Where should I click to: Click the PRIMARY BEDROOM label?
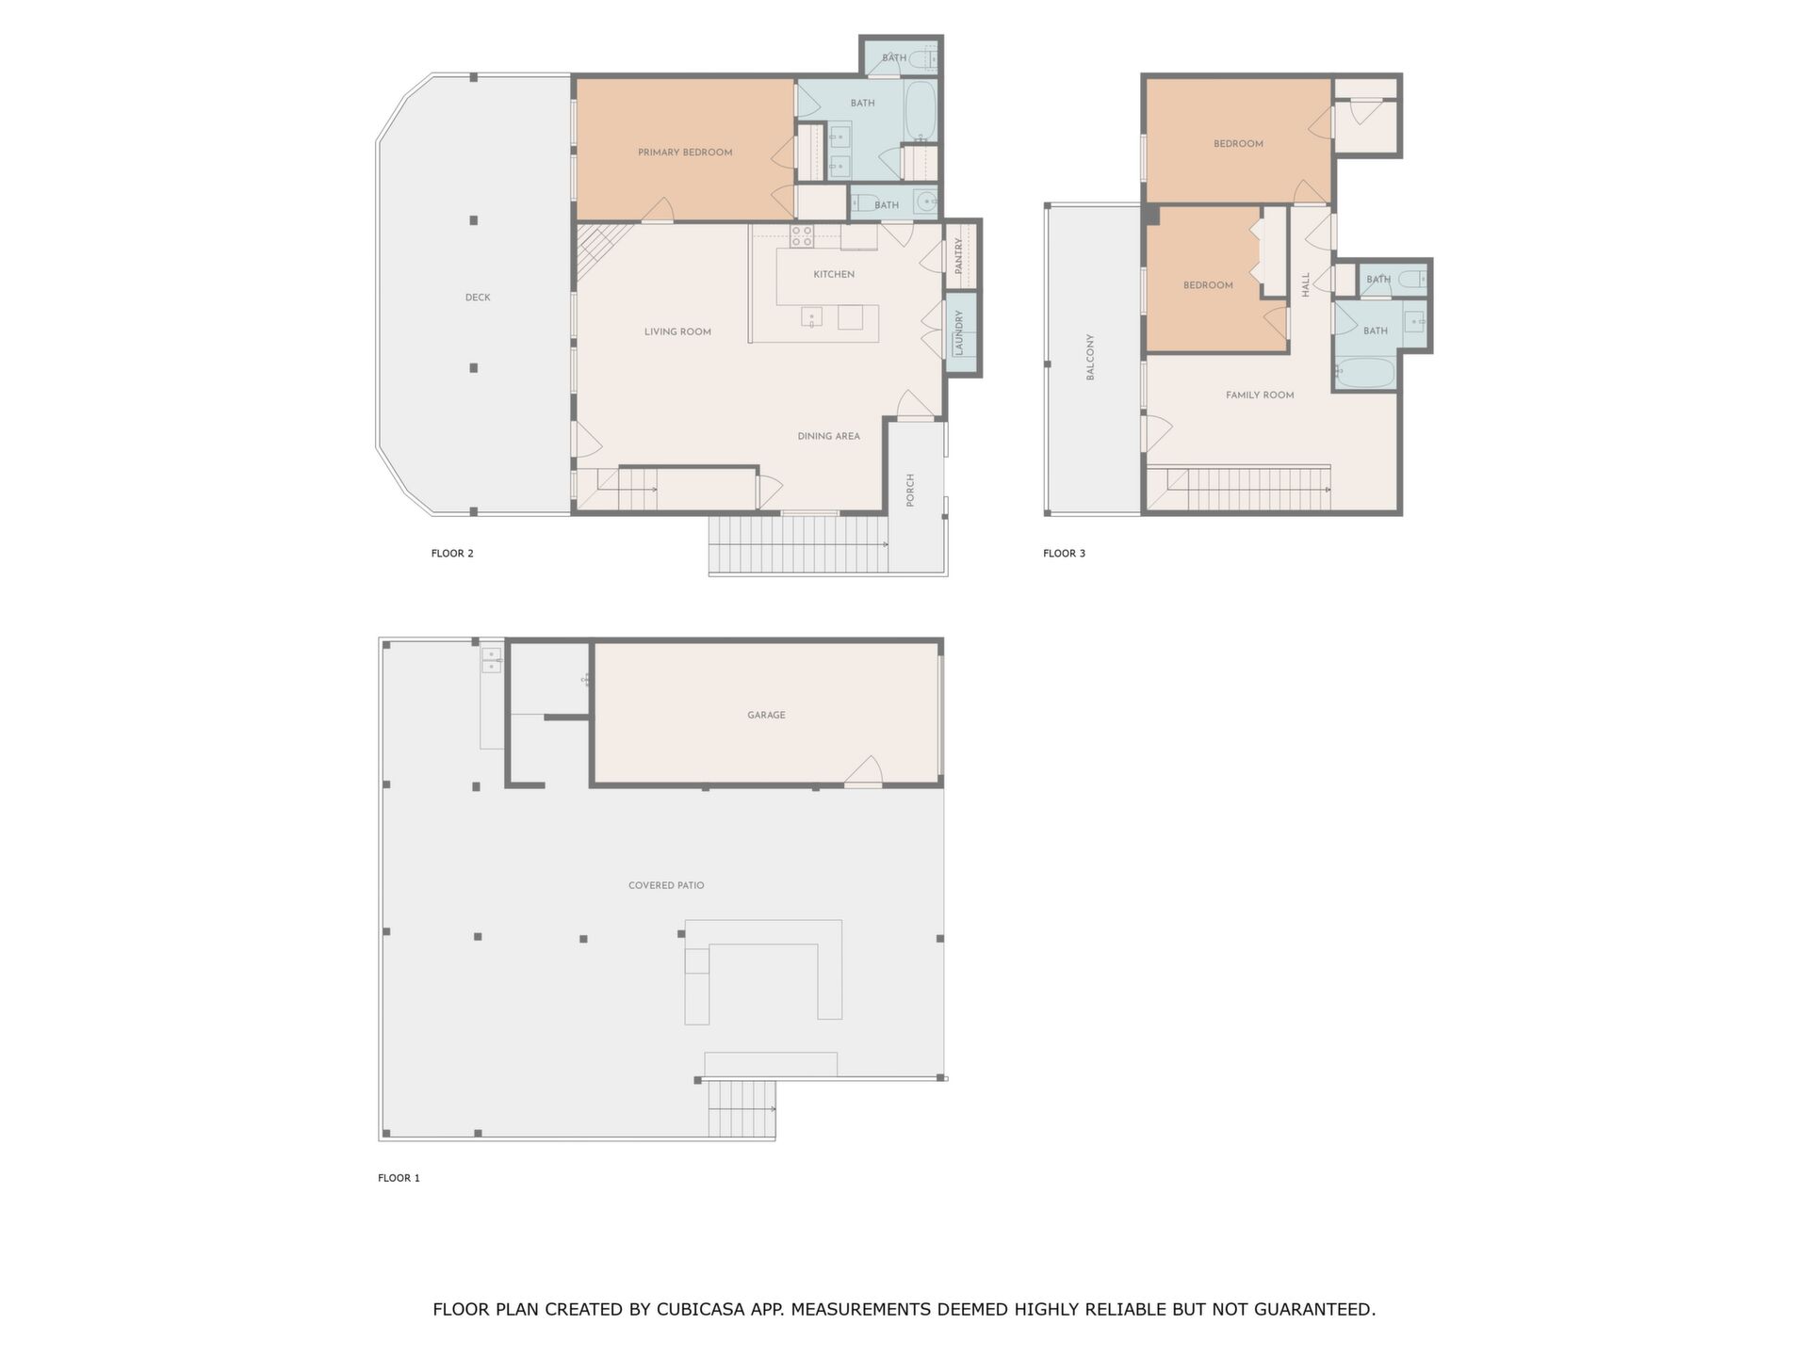click(x=685, y=153)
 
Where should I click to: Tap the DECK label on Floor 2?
click(x=478, y=298)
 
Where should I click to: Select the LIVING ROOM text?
click(x=677, y=331)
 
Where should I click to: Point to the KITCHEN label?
click(x=834, y=275)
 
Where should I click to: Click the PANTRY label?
click(x=958, y=256)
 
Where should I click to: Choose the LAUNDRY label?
click(x=959, y=334)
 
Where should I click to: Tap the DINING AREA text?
click(x=828, y=436)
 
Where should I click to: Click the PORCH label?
click(x=910, y=491)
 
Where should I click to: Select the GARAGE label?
click(x=766, y=716)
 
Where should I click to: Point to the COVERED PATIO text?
click(x=666, y=886)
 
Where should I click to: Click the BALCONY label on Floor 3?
click(x=1090, y=357)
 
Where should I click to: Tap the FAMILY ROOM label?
click(x=1260, y=395)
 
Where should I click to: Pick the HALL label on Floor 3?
click(x=1306, y=285)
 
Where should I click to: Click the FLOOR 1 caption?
click(x=399, y=1178)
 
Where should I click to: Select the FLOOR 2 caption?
click(x=452, y=554)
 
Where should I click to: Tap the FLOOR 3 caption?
click(x=1064, y=554)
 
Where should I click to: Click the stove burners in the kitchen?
click(x=802, y=236)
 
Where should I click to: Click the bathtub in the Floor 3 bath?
click(x=1364, y=371)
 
